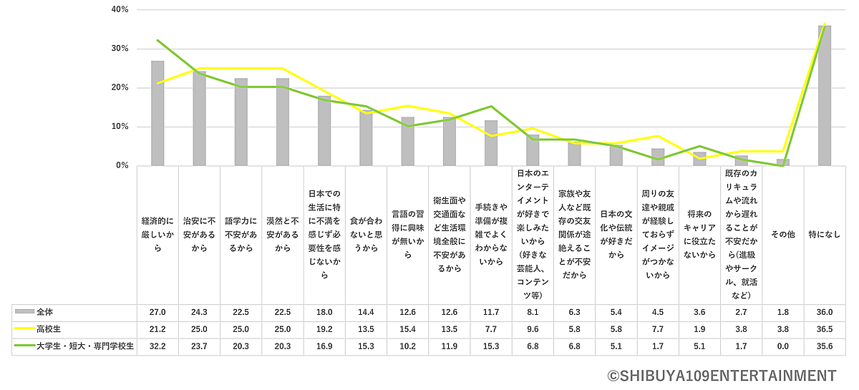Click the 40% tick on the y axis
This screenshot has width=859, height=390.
[120, 10]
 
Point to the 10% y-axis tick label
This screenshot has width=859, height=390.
[120, 127]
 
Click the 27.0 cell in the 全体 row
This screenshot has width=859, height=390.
[157, 313]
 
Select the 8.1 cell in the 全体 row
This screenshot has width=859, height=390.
[533, 313]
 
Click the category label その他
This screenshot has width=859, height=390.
[783, 234]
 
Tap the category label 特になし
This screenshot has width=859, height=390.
[825, 234]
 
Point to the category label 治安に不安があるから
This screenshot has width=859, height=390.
[199, 234]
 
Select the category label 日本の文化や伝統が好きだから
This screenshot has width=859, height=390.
[616, 234]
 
